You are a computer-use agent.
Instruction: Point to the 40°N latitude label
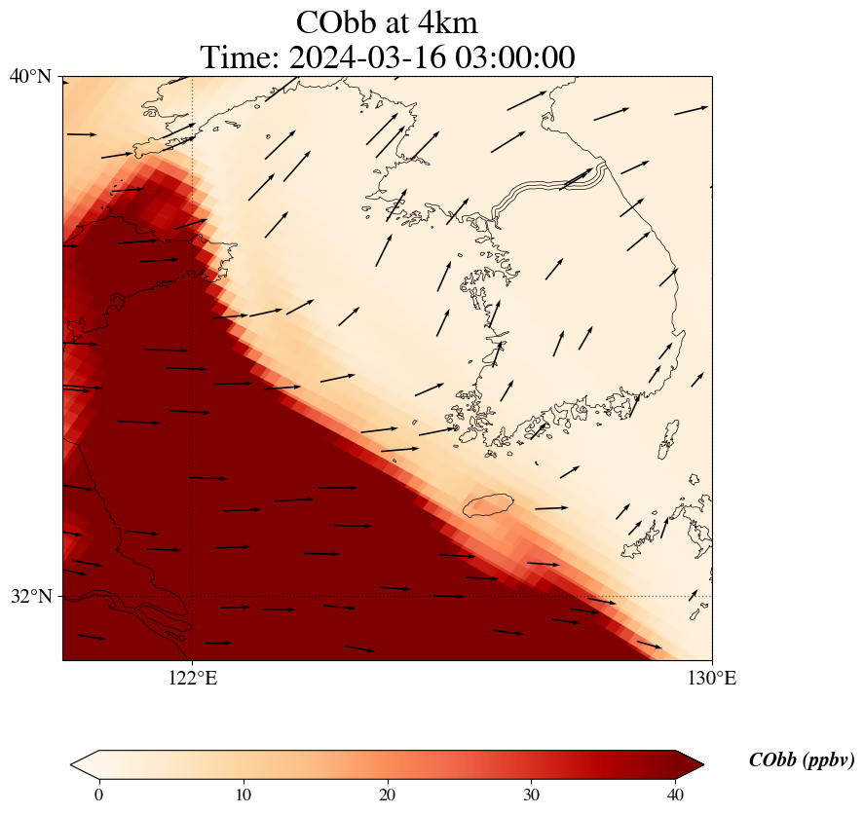[x=30, y=76]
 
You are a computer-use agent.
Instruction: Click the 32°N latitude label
[x=30, y=596]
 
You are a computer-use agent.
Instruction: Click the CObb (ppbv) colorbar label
[x=801, y=760]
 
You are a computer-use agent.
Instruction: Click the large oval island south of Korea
[x=487, y=505]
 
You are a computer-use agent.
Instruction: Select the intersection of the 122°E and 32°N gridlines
[x=193, y=596]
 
